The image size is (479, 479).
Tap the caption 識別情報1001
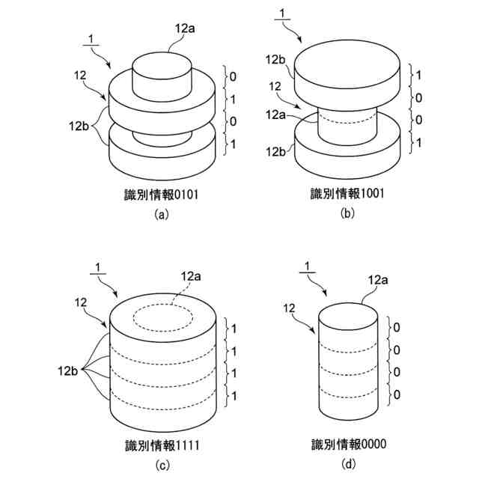pyautogui.click(x=347, y=195)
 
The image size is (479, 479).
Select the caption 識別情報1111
pyautogui.click(x=161, y=446)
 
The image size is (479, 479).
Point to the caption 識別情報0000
pyautogui.click(x=349, y=446)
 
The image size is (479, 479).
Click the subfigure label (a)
pyautogui.click(x=161, y=214)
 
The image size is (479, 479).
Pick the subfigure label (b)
pyautogui.click(x=347, y=214)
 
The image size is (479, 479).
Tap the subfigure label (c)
pyautogui.click(x=161, y=465)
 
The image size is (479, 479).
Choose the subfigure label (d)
pyautogui.click(x=349, y=465)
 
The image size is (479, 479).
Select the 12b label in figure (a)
pyautogui.click(x=79, y=128)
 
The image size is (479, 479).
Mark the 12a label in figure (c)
pyautogui.click(x=191, y=278)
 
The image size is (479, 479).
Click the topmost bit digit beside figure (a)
pyautogui.click(x=234, y=76)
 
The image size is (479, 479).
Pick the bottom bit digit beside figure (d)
pyautogui.click(x=397, y=394)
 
